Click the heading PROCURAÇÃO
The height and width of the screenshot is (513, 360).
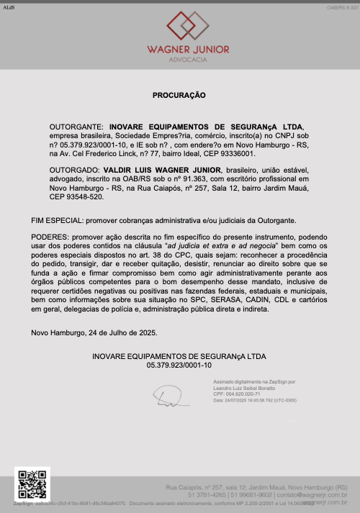[179, 95]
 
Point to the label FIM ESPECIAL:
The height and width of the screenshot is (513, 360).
[57, 219]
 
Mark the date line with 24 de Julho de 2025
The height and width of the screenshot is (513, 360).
[94, 332]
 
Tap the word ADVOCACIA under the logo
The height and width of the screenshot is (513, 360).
[179, 60]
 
